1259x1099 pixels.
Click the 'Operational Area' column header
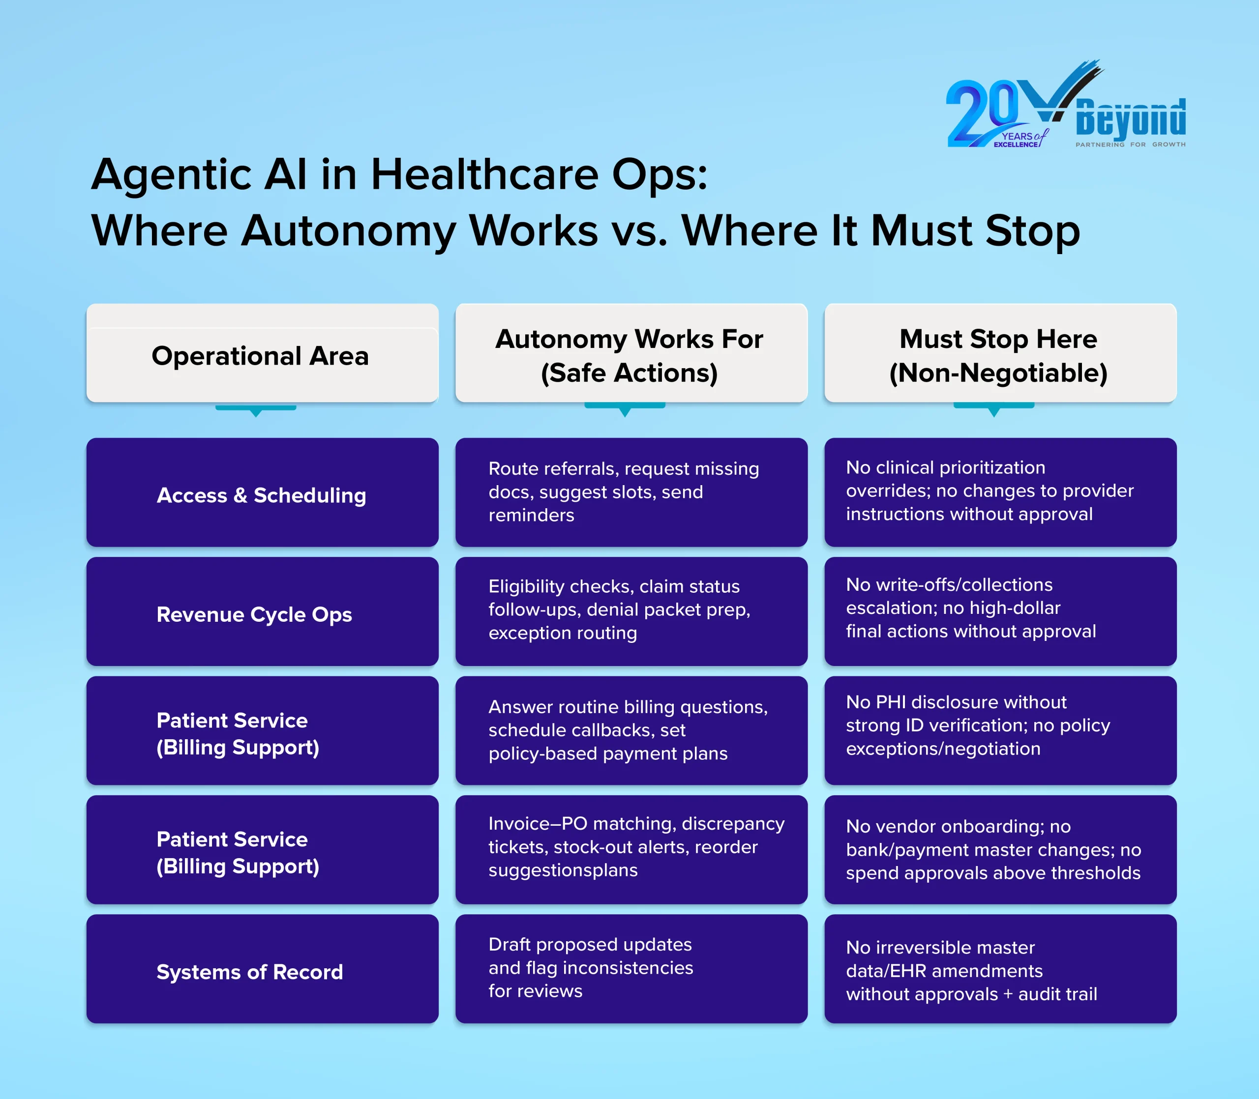[x=262, y=353]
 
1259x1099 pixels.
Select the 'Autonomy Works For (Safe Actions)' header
[x=631, y=353]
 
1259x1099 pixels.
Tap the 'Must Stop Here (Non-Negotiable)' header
[x=1000, y=353]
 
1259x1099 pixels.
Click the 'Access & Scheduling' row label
[x=262, y=492]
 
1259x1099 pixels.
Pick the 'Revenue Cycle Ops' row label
[x=262, y=611]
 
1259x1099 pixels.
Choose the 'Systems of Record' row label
[x=262, y=969]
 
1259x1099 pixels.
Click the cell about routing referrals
[x=631, y=492]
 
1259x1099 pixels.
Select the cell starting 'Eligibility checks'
[x=631, y=611]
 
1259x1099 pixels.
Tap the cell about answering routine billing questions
[x=631, y=730]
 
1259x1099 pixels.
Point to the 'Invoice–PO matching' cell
[x=631, y=849]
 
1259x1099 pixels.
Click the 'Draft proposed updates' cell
[x=631, y=969]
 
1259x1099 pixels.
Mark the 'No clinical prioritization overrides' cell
[x=1000, y=492]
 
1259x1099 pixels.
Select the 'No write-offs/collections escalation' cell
[x=1000, y=611]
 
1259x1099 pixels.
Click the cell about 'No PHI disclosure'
[x=1000, y=730]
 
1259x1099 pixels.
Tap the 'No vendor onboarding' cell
[x=1000, y=849]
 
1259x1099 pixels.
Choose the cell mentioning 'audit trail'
[x=1000, y=969]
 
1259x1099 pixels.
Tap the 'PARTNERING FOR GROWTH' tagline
[x=1130, y=145]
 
